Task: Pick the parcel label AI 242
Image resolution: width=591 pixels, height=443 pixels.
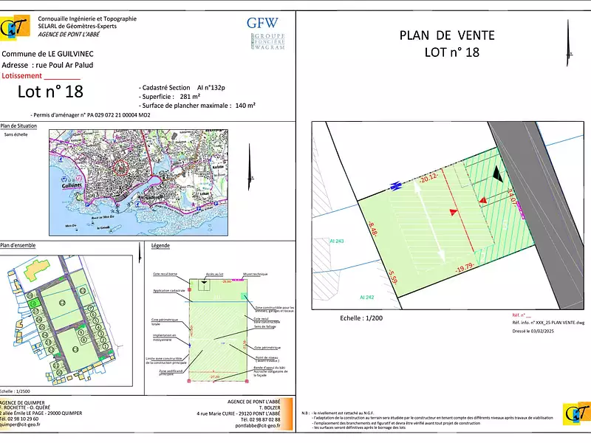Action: (367, 297)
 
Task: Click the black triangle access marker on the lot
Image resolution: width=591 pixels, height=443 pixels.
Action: (501, 174)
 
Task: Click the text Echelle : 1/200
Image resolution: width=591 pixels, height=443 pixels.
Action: (363, 318)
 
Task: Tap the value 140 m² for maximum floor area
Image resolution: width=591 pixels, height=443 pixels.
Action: (245, 106)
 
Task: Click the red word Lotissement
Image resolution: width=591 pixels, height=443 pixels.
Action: (22, 75)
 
